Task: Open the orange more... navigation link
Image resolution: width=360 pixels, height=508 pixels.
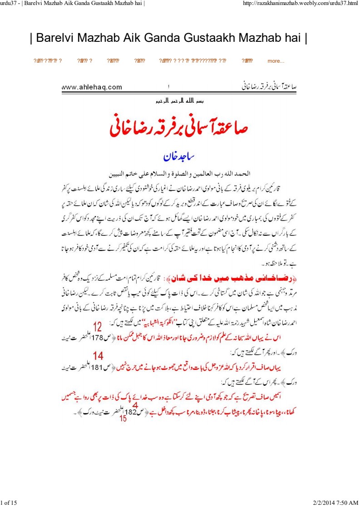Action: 276,61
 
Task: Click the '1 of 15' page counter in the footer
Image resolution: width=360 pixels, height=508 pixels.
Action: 9,502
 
